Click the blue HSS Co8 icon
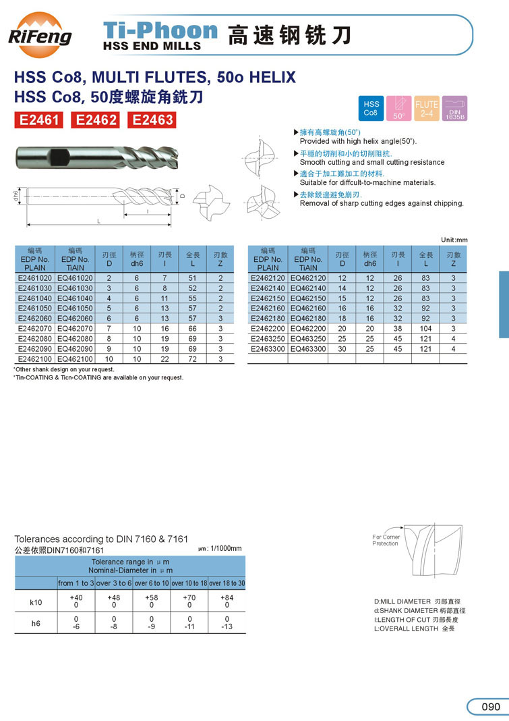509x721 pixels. pos(371,108)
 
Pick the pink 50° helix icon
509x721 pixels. pos(398,108)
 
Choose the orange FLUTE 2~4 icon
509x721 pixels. pos(427,108)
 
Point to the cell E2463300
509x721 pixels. pos(268,349)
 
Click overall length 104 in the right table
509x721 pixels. pos(425,329)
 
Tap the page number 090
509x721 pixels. pos(490,706)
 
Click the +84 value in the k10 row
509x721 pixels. pos(227,597)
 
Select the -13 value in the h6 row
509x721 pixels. pos(227,626)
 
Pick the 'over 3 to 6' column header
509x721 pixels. pos(114,583)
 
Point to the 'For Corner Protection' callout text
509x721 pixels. pos(386,540)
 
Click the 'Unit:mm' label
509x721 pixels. pos(454,240)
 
